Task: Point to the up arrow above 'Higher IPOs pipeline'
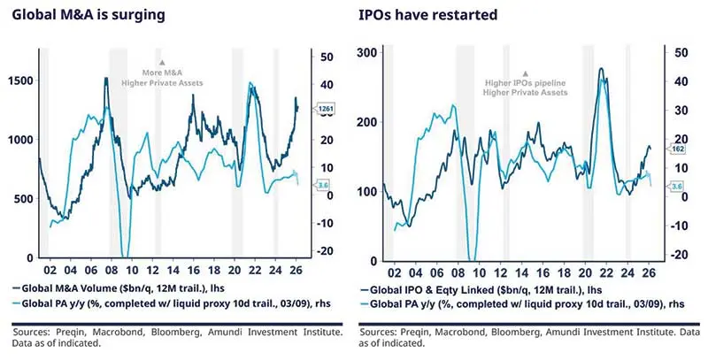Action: pos(526,74)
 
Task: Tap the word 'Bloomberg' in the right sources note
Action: pos(531,333)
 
